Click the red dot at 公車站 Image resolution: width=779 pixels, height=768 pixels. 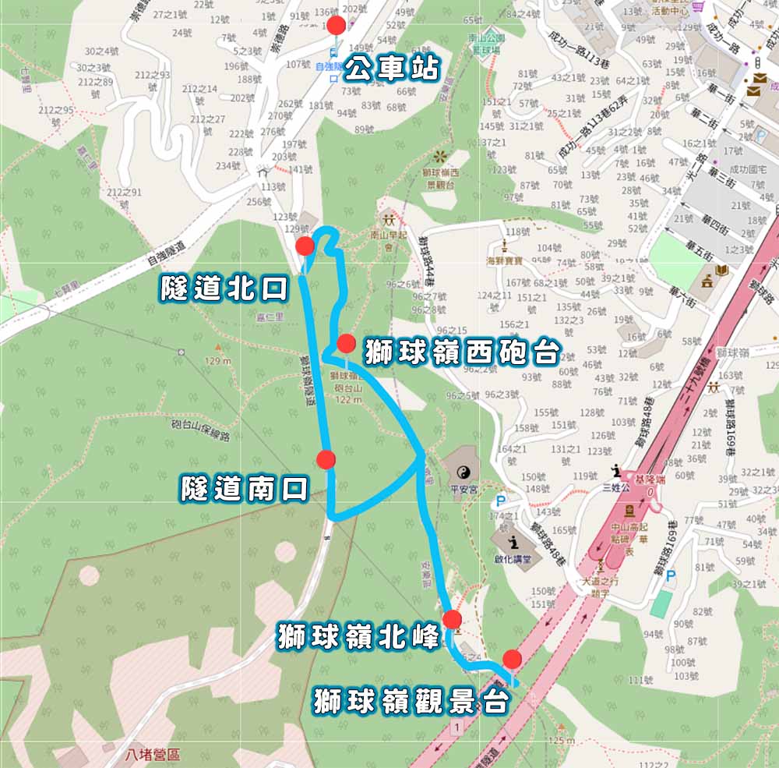(x=337, y=25)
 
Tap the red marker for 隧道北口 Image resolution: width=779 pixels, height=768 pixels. (x=305, y=247)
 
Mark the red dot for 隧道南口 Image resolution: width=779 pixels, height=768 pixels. (x=326, y=459)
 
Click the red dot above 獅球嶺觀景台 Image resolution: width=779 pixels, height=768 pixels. (x=512, y=657)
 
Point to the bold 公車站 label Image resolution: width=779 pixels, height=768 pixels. (x=393, y=69)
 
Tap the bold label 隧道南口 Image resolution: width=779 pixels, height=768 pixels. (x=245, y=489)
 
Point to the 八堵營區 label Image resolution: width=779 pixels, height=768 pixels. (x=153, y=755)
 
